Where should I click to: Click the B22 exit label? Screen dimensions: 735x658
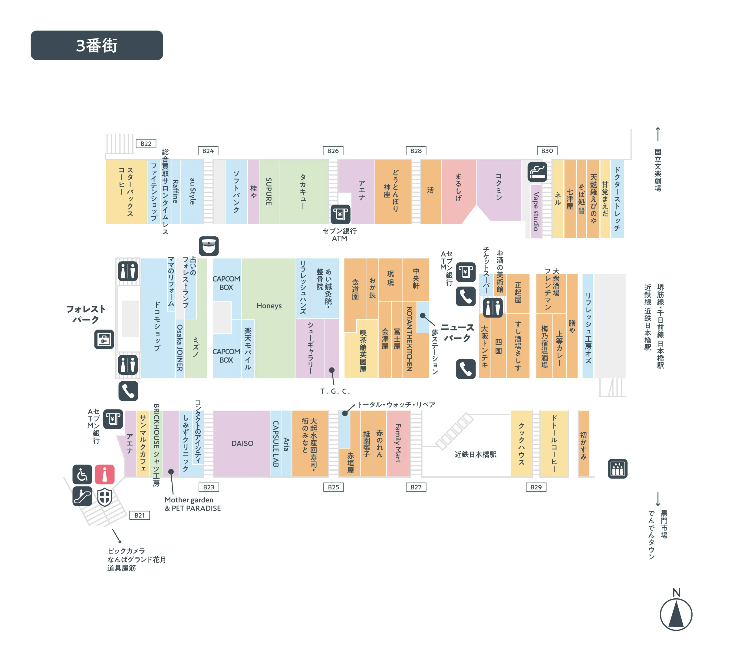pos(146,143)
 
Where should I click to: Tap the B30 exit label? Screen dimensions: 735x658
pos(547,151)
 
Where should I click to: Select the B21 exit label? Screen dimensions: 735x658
pos(140,515)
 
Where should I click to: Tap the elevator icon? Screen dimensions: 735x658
pos(617,469)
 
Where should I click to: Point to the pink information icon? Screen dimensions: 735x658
pos(104,474)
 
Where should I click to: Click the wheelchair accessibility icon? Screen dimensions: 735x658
pos(82,474)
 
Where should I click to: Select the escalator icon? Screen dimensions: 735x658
pos(82,496)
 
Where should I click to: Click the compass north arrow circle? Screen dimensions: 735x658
pos(676,615)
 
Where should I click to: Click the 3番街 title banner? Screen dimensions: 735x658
pos(97,45)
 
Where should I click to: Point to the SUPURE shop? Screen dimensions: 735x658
pos(269,192)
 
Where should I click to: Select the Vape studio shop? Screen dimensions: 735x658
pos(536,212)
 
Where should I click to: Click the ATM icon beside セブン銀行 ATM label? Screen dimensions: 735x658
pos(340,214)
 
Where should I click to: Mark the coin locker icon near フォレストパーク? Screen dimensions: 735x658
pos(104,340)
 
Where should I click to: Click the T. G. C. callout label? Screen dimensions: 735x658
pos(335,391)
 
